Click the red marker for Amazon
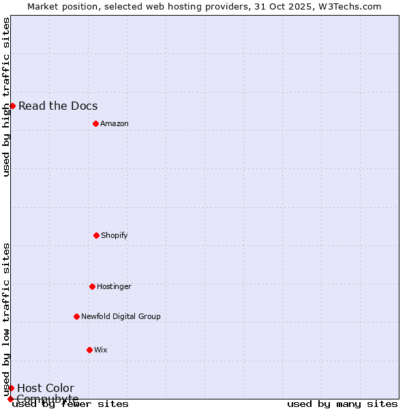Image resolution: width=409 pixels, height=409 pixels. click(x=95, y=123)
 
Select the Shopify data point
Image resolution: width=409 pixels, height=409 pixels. click(x=96, y=235)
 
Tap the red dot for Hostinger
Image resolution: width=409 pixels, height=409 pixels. click(x=92, y=286)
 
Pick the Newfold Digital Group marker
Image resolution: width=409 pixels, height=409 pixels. click(x=76, y=316)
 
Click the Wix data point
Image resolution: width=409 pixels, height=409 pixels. click(x=89, y=350)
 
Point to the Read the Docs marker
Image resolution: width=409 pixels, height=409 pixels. click(x=12, y=106)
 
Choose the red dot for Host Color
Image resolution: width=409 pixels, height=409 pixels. click(x=11, y=388)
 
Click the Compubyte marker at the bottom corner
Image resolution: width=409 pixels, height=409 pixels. click(x=10, y=399)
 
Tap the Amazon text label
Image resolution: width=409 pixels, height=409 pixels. click(x=115, y=123)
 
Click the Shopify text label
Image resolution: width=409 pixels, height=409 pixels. click(x=115, y=235)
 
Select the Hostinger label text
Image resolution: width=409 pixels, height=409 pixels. click(x=114, y=286)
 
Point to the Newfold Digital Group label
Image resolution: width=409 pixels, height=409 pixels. click(x=121, y=316)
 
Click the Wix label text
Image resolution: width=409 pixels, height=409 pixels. click(x=101, y=350)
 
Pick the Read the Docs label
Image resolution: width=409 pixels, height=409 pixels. click(x=58, y=106)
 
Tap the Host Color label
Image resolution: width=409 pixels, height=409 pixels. click(x=46, y=389)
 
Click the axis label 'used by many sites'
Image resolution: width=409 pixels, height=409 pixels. click(x=342, y=404)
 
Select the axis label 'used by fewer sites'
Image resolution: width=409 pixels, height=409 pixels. click(x=70, y=404)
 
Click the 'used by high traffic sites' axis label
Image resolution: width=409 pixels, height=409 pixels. click(x=6, y=97)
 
